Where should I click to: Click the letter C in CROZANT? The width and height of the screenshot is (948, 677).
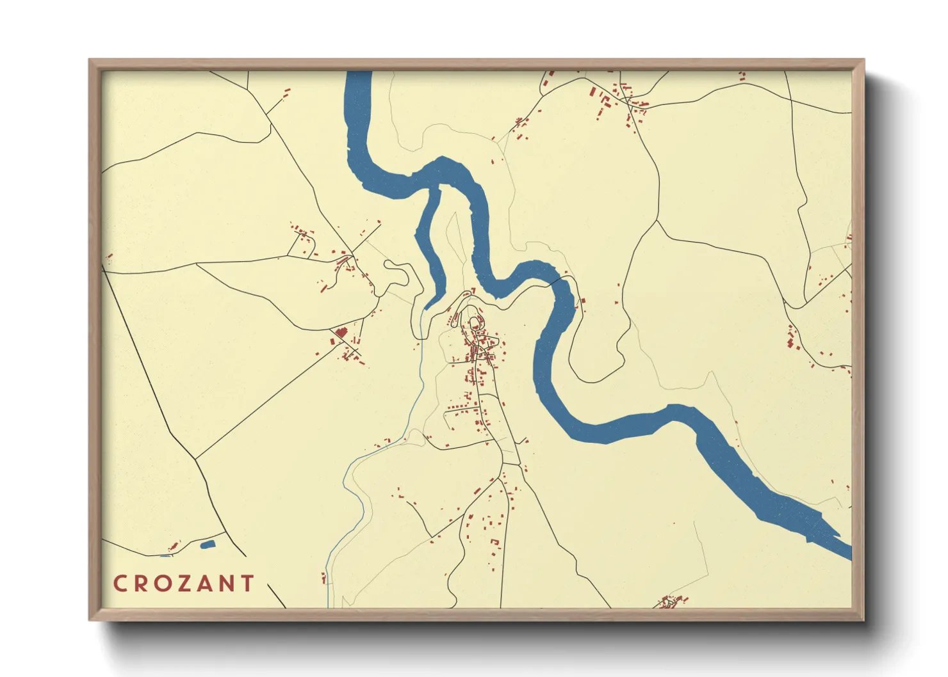tap(120, 584)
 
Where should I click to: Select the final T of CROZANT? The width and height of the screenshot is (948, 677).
tap(247, 584)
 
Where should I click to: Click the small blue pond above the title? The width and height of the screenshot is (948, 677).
tap(208, 545)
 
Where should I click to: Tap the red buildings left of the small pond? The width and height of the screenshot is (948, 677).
tap(173, 546)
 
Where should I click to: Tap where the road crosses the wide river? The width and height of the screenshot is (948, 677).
tap(564, 279)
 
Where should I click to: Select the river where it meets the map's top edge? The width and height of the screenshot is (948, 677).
tap(359, 74)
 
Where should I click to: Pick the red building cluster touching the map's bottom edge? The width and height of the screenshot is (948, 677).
tap(669, 602)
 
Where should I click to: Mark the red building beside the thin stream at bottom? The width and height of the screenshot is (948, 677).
tap(323, 578)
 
